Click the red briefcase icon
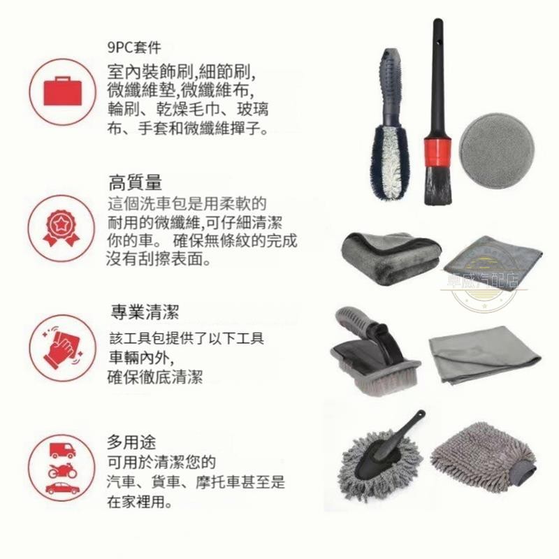(62, 92)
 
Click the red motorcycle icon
(62, 470)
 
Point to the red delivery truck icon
(62, 450)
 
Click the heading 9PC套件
(134, 48)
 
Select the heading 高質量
(135, 182)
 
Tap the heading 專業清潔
(145, 312)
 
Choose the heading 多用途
(131, 442)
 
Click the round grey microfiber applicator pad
(497, 149)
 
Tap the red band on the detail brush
(437, 153)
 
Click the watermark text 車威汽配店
(483, 281)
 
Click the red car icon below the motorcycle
(62, 488)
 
